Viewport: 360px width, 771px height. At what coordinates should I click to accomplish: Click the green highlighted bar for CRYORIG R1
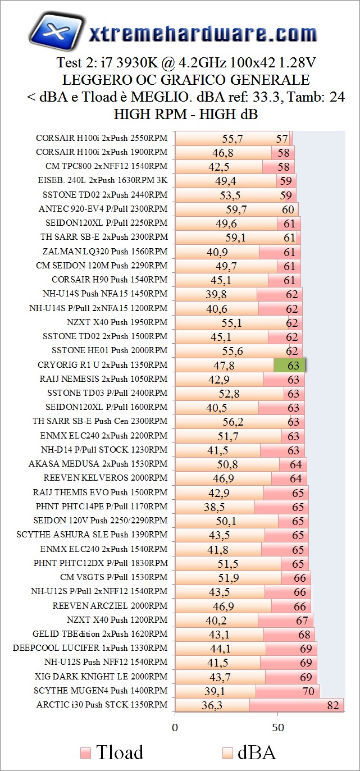coord(289,365)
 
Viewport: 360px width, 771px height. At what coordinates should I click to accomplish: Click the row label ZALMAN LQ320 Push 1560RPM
coord(104,252)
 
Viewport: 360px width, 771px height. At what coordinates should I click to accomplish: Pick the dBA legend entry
coord(250,752)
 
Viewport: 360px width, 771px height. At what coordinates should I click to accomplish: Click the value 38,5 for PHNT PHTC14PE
coord(214,507)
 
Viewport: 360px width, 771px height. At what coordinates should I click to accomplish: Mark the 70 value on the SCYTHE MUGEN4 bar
coord(308,691)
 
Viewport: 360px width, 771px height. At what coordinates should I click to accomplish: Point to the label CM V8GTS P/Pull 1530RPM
coord(113,577)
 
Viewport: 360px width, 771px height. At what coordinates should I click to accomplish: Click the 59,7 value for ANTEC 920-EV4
coord(236,209)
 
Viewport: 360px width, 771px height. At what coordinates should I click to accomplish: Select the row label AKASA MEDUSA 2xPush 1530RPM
coord(98,464)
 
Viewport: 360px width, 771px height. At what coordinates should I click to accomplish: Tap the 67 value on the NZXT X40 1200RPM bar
coord(302,620)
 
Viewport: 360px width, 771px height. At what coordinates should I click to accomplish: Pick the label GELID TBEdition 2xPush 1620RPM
coord(100,634)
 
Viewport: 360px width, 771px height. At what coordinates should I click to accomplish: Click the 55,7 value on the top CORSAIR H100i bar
coord(233,138)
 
